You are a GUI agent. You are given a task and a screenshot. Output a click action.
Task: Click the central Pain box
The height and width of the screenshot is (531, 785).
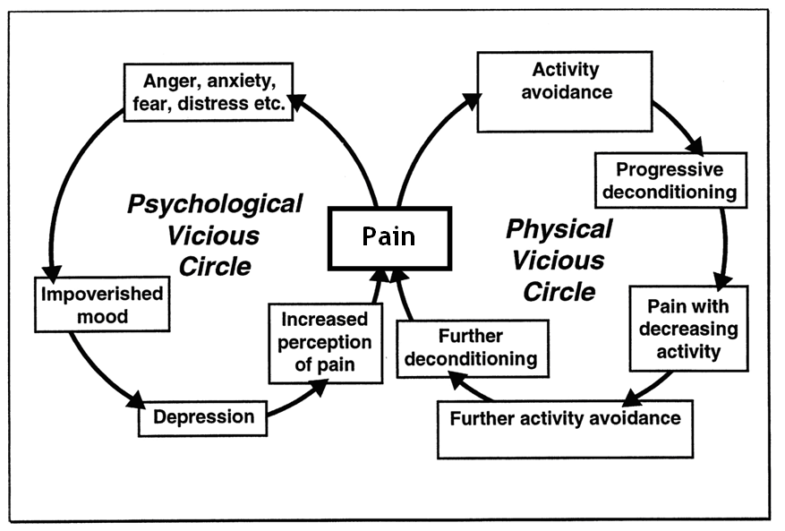(389, 237)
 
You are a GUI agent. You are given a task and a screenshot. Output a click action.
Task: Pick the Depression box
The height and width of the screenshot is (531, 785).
(202, 416)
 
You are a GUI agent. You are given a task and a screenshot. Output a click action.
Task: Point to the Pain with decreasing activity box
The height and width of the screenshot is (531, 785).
(687, 327)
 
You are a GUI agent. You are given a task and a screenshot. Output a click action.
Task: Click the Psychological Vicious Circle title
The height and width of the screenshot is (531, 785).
(215, 235)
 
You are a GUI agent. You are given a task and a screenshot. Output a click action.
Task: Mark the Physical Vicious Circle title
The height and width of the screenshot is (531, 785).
(559, 261)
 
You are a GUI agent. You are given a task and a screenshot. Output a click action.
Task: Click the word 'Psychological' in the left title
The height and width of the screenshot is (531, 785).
(215, 204)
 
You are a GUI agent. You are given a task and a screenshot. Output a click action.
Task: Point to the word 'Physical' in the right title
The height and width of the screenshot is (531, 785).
(559, 229)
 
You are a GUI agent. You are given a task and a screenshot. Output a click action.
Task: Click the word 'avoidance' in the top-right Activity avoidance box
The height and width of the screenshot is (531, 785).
(565, 91)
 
